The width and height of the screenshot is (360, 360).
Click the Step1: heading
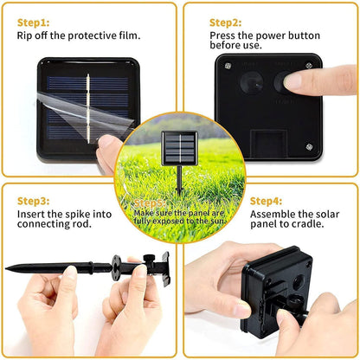(33, 21)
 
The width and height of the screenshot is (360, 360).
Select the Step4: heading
(266, 201)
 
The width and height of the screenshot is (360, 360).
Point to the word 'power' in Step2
(262, 35)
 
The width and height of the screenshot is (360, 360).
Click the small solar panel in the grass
(179, 148)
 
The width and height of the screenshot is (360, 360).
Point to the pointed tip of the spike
(8, 269)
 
